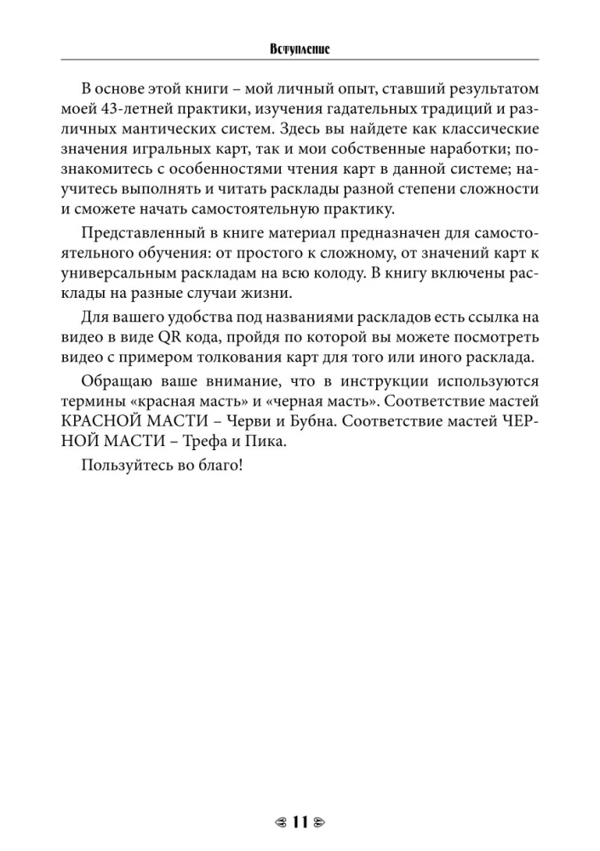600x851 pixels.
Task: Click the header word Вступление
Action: click(x=300, y=50)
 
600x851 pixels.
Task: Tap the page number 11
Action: click(x=299, y=823)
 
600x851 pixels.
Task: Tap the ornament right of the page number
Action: click(x=320, y=824)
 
